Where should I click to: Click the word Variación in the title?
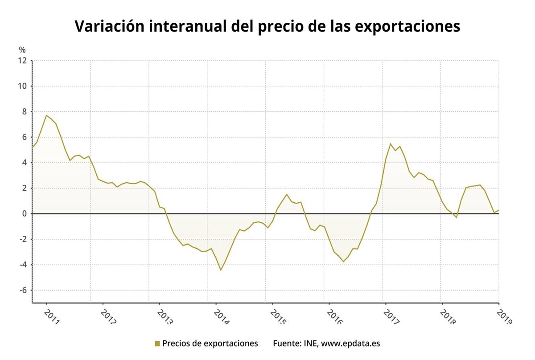[x=109, y=27]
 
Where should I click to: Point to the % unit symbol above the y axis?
[x=22, y=49]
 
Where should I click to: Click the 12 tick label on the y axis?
[x=23, y=61]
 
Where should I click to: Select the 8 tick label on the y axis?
[x=25, y=112]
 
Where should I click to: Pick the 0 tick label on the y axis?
[x=25, y=214]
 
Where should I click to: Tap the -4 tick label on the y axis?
[x=23, y=265]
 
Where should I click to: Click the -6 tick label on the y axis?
[x=23, y=290]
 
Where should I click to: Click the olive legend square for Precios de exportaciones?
[x=157, y=344]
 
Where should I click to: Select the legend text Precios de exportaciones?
[x=210, y=344]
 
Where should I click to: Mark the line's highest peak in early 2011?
[x=46, y=115]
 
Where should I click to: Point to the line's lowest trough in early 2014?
[x=221, y=270]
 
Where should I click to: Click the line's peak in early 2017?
[x=391, y=143]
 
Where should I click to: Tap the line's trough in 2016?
[x=343, y=261]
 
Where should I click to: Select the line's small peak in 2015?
[x=287, y=194]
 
